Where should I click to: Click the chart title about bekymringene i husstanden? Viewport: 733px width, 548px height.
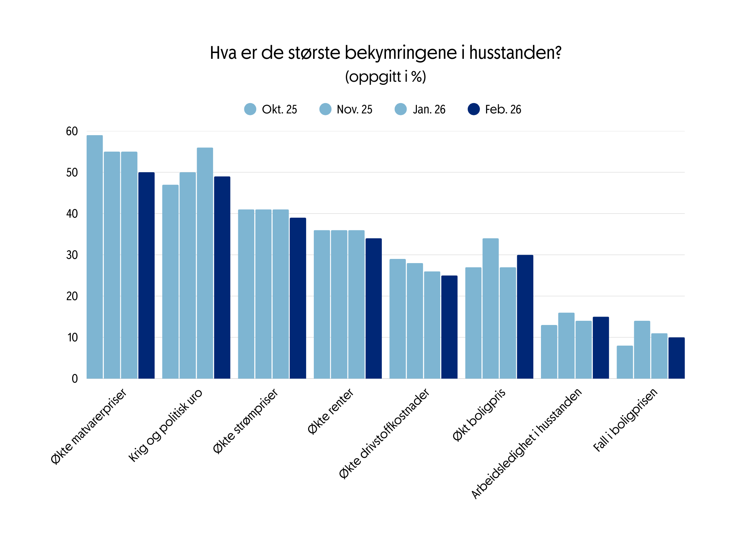click(385, 53)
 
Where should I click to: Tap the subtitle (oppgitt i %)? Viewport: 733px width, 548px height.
click(385, 77)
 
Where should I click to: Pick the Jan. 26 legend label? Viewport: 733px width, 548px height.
click(429, 110)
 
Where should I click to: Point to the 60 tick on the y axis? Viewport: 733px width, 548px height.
click(72, 131)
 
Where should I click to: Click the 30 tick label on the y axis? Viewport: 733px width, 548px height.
click(72, 255)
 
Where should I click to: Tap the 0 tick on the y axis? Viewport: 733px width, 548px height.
click(74, 379)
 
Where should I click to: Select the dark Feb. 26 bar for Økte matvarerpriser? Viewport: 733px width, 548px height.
click(146, 275)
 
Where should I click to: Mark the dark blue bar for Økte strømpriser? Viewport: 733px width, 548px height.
click(298, 298)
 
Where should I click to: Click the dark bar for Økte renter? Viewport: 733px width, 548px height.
click(373, 308)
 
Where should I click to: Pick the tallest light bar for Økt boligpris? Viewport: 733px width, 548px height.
click(491, 308)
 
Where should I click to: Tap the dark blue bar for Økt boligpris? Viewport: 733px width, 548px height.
click(525, 317)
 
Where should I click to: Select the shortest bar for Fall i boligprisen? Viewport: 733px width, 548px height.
click(625, 362)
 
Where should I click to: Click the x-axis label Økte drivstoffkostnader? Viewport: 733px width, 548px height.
click(384, 433)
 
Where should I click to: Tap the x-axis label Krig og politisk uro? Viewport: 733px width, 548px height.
click(165, 425)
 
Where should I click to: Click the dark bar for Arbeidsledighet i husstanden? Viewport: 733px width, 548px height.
click(601, 348)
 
